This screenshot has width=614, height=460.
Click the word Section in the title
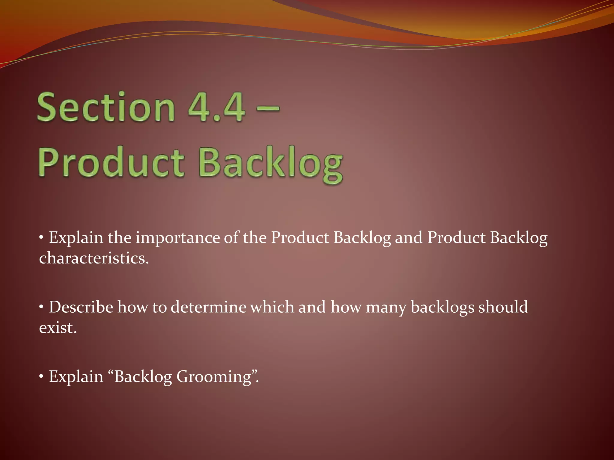106,107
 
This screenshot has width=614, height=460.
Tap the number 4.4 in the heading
216,107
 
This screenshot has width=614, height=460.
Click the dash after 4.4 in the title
268,107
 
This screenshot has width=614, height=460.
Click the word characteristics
94,258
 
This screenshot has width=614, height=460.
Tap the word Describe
81,307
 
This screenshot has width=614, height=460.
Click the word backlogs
442,308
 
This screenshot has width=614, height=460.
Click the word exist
58,328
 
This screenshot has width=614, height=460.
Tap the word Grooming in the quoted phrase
214,377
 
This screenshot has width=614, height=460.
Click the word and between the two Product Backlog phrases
408,238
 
